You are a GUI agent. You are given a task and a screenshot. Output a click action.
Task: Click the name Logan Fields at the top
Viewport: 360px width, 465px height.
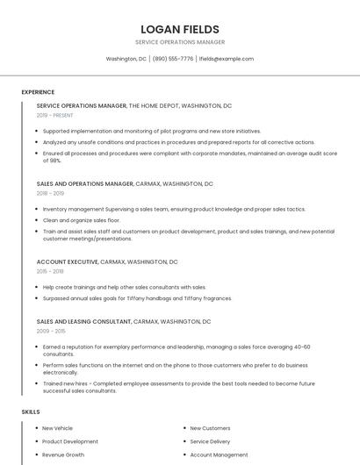(179, 29)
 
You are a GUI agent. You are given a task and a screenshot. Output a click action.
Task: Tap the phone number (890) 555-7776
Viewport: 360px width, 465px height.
(173, 59)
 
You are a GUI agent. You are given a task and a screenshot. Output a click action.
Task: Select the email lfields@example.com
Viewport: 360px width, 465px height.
(227, 59)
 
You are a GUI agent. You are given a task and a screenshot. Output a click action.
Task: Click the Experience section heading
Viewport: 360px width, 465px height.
(38, 92)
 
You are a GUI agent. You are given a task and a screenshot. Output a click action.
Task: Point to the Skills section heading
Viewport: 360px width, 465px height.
(31, 411)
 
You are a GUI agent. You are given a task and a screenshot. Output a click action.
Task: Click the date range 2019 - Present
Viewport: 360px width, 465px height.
(54, 115)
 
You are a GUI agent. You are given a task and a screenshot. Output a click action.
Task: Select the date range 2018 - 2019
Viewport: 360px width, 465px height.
(50, 193)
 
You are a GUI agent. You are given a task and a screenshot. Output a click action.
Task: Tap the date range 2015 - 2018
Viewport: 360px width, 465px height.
(50, 271)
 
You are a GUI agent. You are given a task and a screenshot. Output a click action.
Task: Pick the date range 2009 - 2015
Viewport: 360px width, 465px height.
(51, 331)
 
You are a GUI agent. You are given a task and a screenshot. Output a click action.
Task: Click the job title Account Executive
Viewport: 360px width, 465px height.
(67, 261)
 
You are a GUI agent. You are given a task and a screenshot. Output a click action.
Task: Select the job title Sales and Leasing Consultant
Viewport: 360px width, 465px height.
(83, 322)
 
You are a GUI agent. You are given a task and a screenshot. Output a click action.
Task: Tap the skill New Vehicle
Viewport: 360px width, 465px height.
(58, 428)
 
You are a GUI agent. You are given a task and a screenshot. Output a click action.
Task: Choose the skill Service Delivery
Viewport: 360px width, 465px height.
(210, 441)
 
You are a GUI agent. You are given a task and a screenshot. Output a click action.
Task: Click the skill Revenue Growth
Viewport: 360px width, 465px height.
(63, 455)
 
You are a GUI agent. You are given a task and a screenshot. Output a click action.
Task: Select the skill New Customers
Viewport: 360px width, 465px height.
(210, 428)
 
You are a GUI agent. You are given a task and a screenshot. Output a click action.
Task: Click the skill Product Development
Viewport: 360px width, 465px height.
(70, 441)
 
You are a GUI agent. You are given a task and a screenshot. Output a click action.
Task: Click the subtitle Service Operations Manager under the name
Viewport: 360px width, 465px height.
(179, 42)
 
